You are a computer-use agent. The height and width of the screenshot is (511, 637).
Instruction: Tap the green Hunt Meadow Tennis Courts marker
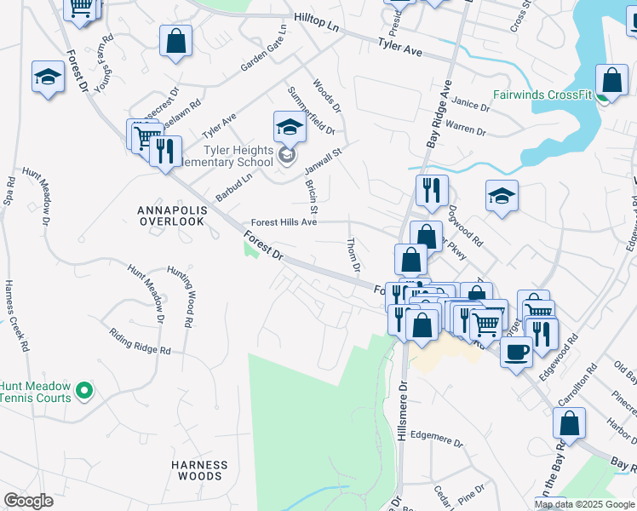point(83,391)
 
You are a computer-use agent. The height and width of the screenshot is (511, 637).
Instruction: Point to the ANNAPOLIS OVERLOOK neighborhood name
point(171,215)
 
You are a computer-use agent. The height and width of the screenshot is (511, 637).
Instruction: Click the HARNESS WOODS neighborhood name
point(199,470)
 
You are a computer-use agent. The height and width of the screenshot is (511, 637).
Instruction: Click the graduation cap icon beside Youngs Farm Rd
point(49,78)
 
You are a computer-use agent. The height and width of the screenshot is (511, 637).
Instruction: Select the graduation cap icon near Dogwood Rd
point(502,197)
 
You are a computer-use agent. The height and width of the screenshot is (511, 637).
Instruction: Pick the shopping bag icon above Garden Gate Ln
point(175,42)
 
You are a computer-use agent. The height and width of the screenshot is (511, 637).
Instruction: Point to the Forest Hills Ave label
point(284,221)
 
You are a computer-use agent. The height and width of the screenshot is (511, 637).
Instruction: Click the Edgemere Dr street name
point(436,444)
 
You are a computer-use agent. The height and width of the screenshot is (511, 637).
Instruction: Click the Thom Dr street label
point(353,255)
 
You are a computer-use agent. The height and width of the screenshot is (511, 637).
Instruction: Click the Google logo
point(28,501)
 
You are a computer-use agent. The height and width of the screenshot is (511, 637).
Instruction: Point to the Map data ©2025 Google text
point(583,504)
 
